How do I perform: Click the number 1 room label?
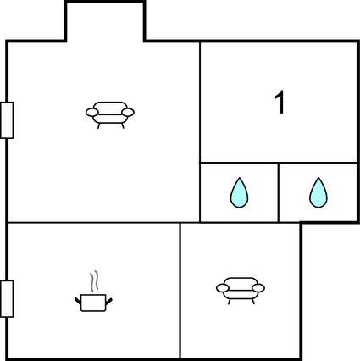[x=280, y=103]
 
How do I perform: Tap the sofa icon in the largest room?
[x=110, y=115]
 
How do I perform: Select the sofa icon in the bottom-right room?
[x=241, y=291]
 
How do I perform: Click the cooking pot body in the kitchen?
[x=93, y=303]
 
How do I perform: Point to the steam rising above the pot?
[x=94, y=281]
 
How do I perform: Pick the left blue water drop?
[x=239, y=192]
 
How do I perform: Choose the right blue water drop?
[x=318, y=192]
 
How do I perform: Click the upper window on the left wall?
[x=7, y=120]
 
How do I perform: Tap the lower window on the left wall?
[x=7, y=299]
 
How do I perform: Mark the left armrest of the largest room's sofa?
[x=92, y=112]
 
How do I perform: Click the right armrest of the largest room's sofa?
[x=128, y=112]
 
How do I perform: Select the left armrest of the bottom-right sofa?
[x=223, y=288]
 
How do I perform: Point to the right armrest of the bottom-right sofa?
[x=258, y=288]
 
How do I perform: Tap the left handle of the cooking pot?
[x=78, y=301]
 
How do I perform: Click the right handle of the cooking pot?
[x=108, y=302]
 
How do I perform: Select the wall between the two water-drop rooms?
[x=279, y=192]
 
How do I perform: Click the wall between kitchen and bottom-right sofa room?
[x=180, y=291]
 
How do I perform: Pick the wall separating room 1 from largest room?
[x=200, y=132]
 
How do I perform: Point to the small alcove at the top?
[x=105, y=22]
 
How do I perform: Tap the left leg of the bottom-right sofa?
[x=229, y=302]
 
